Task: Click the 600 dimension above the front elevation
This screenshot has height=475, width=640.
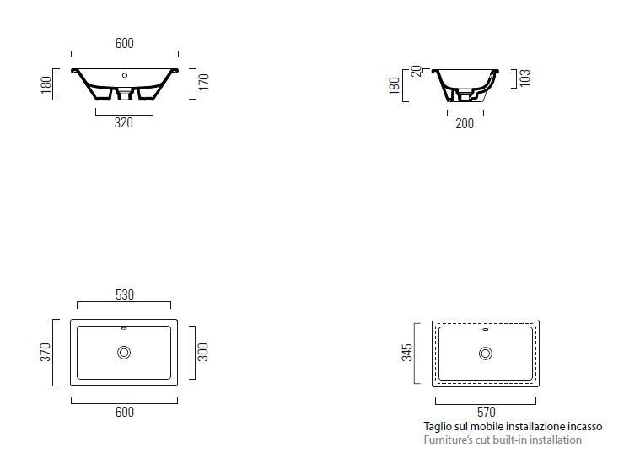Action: tap(125, 43)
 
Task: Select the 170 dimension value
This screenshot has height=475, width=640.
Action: tap(204, 82)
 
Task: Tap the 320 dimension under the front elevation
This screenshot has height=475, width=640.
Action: tap(124, 122)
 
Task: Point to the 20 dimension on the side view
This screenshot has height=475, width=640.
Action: tap(417, 71)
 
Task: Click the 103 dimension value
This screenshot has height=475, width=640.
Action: tap(525, 78)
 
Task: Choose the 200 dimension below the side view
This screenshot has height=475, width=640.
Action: tap(465, 123)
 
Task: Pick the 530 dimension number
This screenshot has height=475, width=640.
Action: tap(125, 294)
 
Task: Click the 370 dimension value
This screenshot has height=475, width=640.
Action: tap(46, 352)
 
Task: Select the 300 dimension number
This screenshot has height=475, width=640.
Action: tap(203, 352)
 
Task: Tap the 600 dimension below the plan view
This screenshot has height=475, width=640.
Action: tap(125, 412)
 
